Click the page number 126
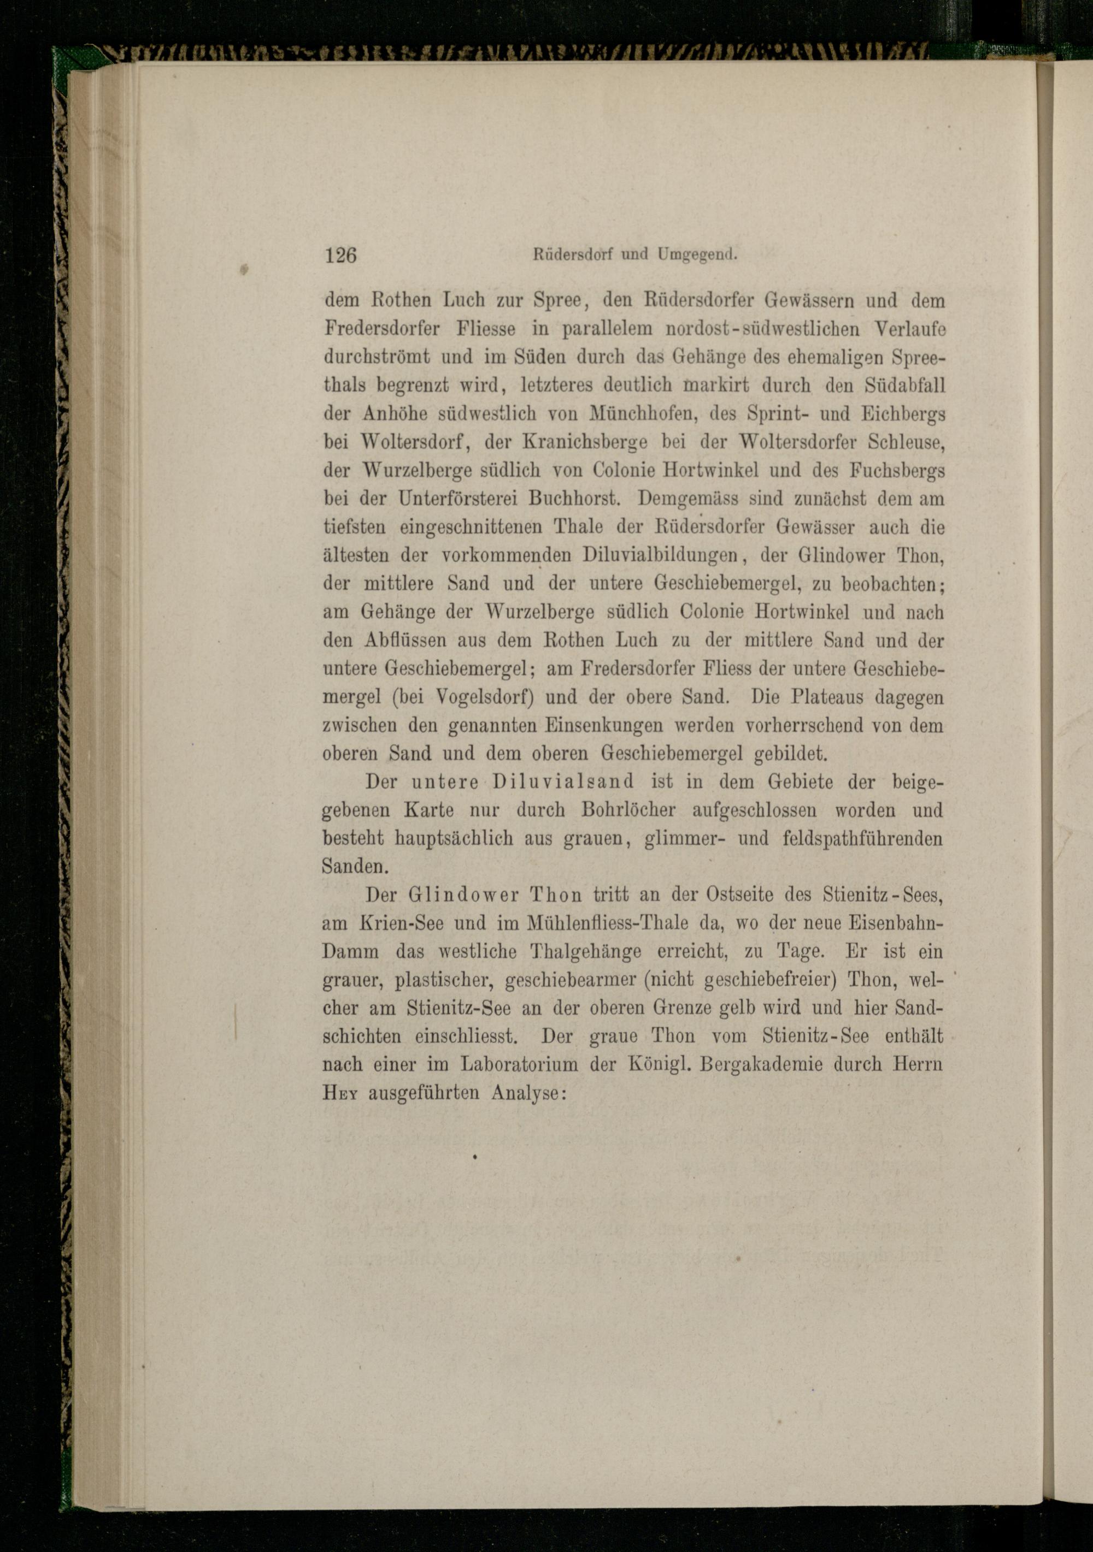click(x=340, y=256)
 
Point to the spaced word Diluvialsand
click(x=563, y=782)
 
